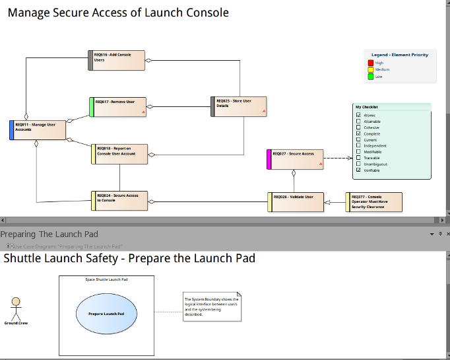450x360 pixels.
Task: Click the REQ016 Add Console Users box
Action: [117, 60]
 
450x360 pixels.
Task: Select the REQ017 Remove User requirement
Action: [117, 107]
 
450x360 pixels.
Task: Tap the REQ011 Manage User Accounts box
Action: [38, 130]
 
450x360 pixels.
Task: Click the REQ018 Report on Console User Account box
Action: [119, 154]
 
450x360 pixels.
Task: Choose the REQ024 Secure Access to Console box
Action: [119, 201]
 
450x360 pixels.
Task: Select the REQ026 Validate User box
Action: [296, 202]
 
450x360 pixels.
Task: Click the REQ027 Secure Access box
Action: [296, 159]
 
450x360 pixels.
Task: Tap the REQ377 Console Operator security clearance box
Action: [374, 202]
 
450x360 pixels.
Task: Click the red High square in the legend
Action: [371, 63]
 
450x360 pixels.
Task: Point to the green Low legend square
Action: [371, 76]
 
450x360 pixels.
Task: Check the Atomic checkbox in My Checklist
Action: [358, 116]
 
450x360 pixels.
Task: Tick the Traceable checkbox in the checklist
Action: [358, 158]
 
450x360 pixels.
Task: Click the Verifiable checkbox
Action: [358, 170]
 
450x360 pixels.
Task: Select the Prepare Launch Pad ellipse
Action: [106, 312]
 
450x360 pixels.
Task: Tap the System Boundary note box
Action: [212, 307]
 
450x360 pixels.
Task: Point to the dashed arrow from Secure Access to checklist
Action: [338, 159]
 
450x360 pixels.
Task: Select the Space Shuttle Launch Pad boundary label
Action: [106, 279]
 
